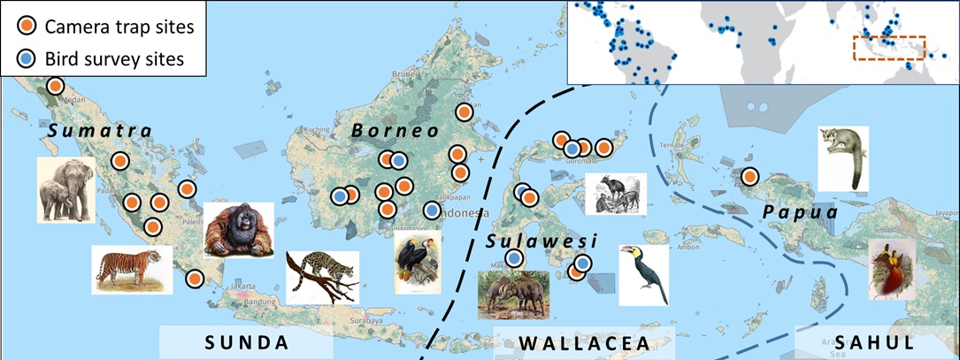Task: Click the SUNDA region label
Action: coord(247,342)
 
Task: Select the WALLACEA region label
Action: coord(584,342)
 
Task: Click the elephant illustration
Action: coord(65,189)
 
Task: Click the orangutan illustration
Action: coord(239,230)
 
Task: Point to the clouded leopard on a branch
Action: coord(322,276)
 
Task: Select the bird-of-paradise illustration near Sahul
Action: coord(892,269)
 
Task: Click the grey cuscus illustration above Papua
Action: coord(842,158)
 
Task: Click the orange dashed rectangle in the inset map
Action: coord(888,48)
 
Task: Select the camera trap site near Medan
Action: coord(56,86)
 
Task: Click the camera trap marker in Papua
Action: coord(750,176)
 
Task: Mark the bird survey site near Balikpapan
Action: coord(431,211)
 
